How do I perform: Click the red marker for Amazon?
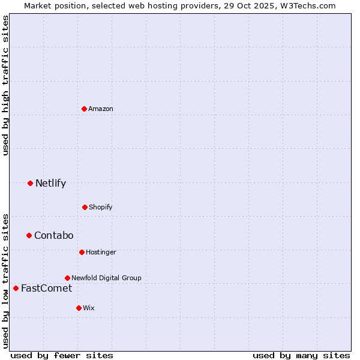pos(84,109)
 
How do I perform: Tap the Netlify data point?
pos(30,183)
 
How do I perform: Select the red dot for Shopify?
pos(85,207)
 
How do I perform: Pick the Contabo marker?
pos(29,235)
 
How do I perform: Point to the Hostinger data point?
pos(82,252)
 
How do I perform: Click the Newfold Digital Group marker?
pos(67,278)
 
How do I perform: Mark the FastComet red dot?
pos(16,288)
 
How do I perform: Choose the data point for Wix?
pos(79,308)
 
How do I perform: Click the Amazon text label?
pos(101,109)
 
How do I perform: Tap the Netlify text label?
pos(50,183)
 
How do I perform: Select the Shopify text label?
pos(101,207)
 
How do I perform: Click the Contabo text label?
pos(53,235)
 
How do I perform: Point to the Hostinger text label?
pos(101,252)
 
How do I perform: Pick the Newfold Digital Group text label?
pos(106,278)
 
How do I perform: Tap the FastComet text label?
pos(46,288)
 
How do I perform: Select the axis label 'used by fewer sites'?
pos(62,355)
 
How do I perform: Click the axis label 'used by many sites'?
pos(301,355)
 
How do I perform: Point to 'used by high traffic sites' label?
pos(5,85)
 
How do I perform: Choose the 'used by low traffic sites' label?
pos(5,280)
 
